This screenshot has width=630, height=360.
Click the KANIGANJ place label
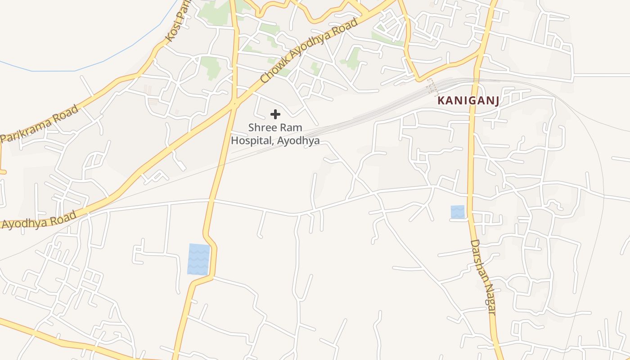(468, 100)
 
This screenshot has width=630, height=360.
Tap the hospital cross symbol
(275, 114)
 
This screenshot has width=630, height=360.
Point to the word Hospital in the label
(252, 140)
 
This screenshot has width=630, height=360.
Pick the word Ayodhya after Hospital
(299, 141)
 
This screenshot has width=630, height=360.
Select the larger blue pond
(198, 259)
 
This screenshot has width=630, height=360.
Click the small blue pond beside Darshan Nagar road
(457, 212)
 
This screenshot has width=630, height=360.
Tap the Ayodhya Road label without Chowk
(38, 220)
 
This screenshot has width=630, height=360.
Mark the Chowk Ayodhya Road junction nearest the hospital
(234, 104)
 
